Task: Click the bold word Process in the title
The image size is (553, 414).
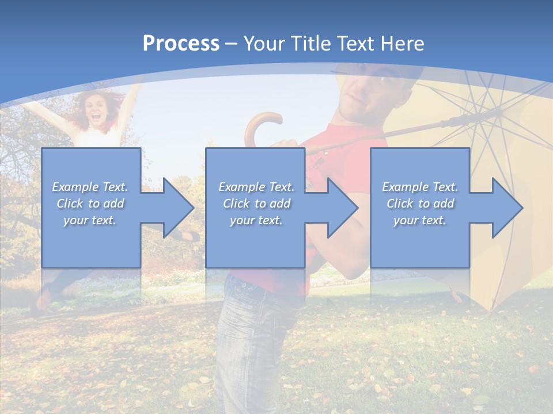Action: click(x=181, y=43)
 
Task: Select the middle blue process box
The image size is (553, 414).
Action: click(x=255, y=241)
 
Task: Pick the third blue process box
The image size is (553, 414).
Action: click(x=419, y=241)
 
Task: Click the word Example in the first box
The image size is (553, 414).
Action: click(x=75, y=186)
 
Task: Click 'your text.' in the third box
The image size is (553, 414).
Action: click(x=419, y=220)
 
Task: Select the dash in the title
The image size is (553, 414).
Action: click(x=232, y=44)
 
